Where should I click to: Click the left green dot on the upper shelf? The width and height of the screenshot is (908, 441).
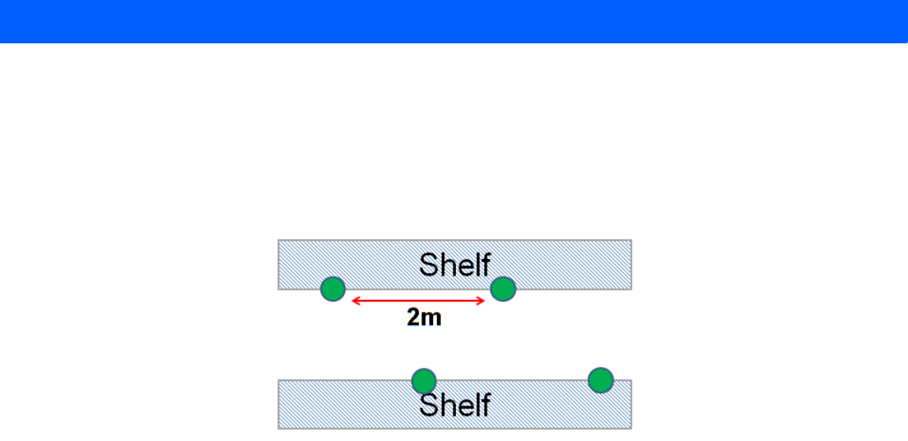tap(333, 289)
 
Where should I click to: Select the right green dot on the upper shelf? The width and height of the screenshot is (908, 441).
tap(502, 289)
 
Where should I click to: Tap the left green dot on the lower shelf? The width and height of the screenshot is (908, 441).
tap(424, 380)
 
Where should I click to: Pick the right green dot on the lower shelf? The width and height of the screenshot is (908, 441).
tap(601, 380)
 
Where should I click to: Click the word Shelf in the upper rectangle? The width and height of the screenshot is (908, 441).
tap(454, 265)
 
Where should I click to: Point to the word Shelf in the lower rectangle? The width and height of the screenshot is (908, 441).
tap(454, 405)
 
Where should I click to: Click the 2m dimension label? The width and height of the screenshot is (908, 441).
tap(424, 317)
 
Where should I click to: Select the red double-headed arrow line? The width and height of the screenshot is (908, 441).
tap(417, 300)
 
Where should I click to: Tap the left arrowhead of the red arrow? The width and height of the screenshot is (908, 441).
tap(354, 300)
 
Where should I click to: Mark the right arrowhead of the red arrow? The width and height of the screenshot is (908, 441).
tap(481, 300)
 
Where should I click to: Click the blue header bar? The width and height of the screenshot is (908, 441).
tap(454, 21)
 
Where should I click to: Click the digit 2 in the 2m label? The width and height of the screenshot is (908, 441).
tap(414, 317)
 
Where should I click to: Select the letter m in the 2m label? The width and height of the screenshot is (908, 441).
tap(432, 319)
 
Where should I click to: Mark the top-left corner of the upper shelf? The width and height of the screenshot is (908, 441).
tap(279, 240)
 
